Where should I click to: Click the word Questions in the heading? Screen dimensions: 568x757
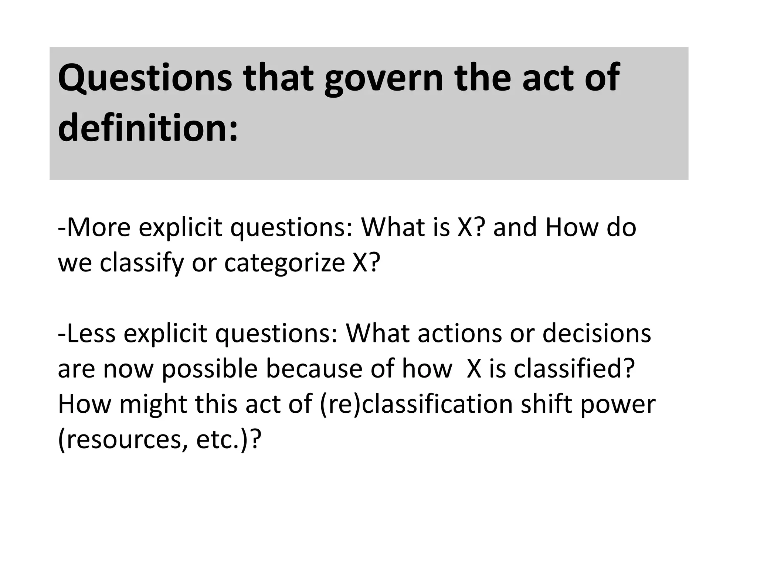(145, 78)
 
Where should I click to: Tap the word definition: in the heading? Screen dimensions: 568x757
(148, 128)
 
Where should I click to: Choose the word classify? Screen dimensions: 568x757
(142, 263)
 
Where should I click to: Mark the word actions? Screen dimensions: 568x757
(459, 333)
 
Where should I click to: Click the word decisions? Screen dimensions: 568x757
(597, 333)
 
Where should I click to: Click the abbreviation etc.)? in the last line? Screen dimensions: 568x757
(229, 440)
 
